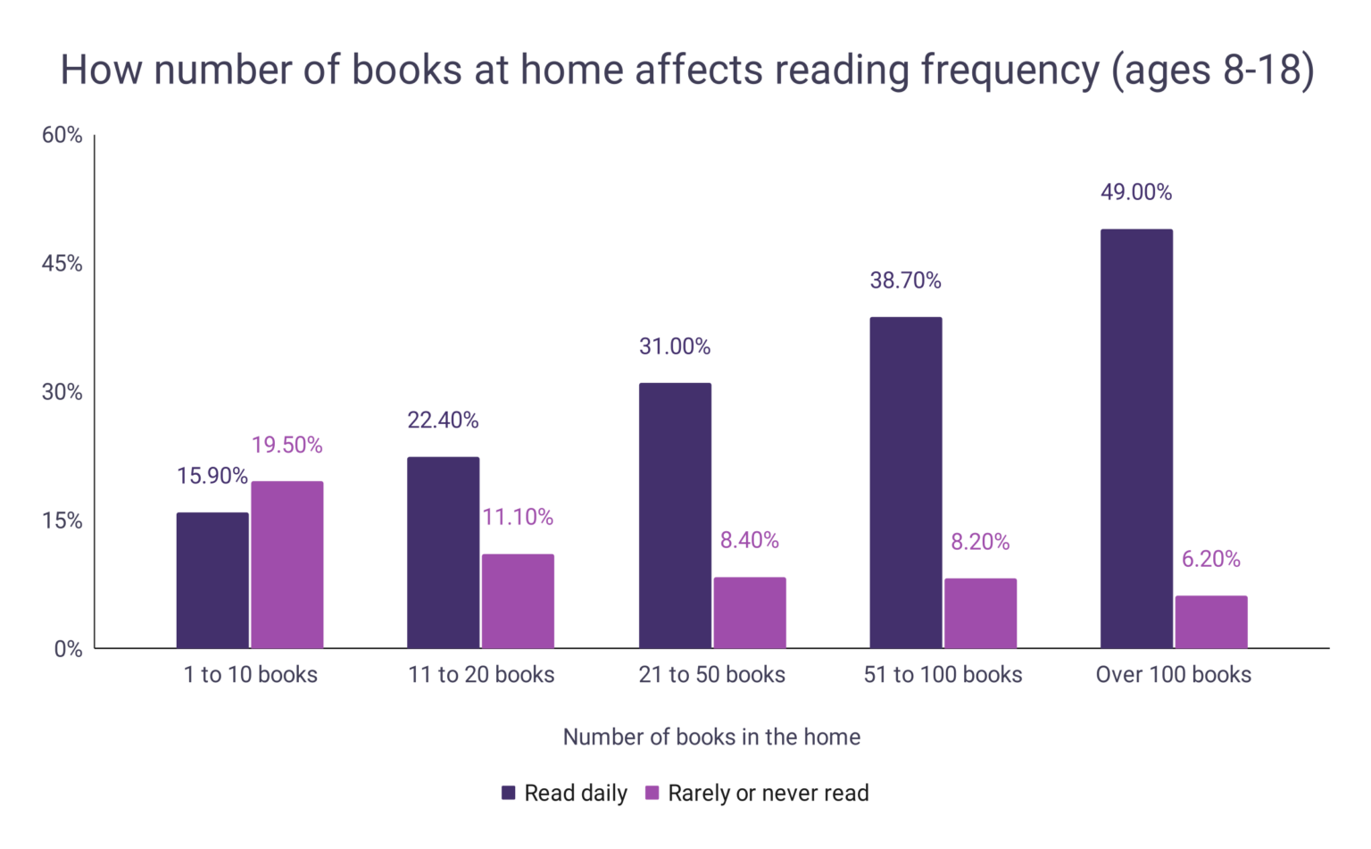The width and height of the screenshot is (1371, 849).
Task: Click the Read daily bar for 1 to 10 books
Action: pos(212,580)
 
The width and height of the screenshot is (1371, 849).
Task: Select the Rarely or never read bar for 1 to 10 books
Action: pos(287,564)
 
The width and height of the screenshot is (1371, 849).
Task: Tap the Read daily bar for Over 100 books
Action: pos(1136,438)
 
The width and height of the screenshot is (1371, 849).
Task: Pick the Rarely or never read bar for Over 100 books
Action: pos(1211,621)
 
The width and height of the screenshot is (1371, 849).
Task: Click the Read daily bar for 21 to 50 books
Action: pos(675,515)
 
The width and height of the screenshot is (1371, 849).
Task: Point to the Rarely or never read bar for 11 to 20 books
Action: pos(518,601)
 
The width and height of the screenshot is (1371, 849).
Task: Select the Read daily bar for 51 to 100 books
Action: pos(906,482)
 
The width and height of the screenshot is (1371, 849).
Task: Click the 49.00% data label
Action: pos(1136,192)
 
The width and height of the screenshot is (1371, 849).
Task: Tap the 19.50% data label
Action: pos(287,445)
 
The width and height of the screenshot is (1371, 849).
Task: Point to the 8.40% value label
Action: pos(750,540)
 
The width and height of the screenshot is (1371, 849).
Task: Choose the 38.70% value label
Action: pos(906,280)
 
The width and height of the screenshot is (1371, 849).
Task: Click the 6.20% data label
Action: pos(1211,559)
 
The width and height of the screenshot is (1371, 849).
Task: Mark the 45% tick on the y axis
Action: pos(62,263)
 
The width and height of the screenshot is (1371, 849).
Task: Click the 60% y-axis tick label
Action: pos(62,135)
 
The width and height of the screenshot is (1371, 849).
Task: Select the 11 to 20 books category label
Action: pos(481,675)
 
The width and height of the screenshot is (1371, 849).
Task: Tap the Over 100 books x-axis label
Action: pos(1174,675)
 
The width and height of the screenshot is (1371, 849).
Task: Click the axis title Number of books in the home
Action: pos(711,737)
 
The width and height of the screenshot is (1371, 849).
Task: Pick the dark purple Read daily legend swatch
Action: pos(509,793)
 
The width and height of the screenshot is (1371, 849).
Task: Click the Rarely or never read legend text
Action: pos(768,793)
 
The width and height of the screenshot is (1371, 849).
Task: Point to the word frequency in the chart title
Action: pos(1010,71)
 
